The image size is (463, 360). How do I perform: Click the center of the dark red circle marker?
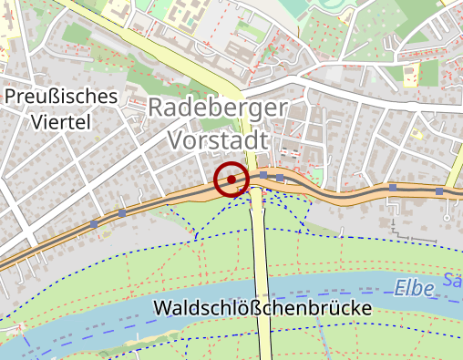231,180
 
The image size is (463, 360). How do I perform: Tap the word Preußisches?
61,96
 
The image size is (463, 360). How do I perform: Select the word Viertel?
61,121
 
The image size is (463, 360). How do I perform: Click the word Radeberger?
217,108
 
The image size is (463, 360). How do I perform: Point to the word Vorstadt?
219,140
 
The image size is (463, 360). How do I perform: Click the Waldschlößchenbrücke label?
263,308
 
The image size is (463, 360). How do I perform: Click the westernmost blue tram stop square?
94,222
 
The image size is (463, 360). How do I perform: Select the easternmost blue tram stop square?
439,191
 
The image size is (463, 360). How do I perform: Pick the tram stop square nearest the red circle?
262,174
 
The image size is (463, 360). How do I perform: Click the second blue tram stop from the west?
122,212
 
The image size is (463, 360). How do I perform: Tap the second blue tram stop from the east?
393,187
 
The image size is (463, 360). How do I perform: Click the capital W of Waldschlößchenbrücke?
163,308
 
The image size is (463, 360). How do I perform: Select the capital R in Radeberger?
155,108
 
